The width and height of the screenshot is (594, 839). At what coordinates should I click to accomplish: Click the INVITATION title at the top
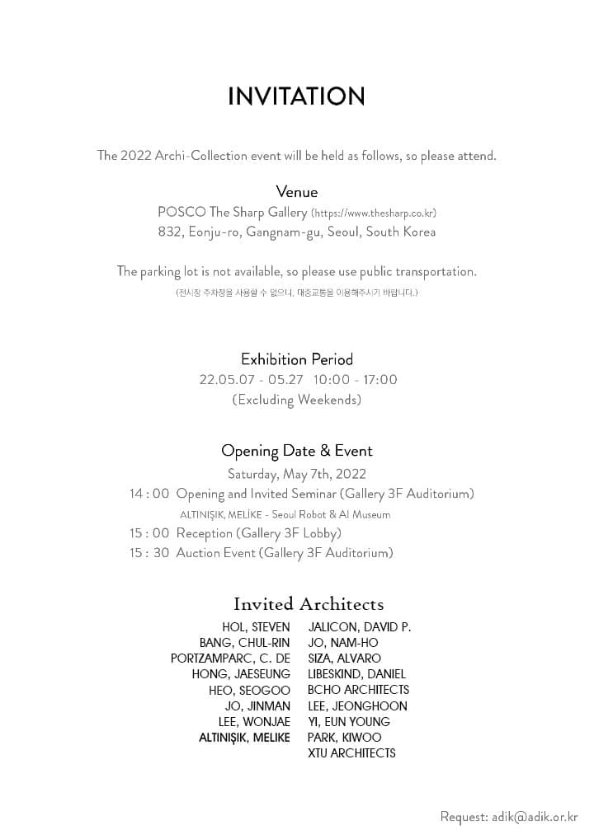coord(296,97)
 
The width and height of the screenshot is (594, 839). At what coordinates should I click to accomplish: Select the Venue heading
coord(296,192)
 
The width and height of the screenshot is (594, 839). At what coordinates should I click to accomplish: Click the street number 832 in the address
coord(170,232)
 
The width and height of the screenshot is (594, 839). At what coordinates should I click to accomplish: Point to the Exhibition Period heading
coord(296,359)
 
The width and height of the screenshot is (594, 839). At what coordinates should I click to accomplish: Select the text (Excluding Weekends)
coord(296,400)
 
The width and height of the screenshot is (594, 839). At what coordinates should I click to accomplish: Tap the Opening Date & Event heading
coord(296,451)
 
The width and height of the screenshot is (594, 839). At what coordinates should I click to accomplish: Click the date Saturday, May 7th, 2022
coord(296,474)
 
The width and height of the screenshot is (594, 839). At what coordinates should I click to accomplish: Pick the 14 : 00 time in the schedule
coord(149,494)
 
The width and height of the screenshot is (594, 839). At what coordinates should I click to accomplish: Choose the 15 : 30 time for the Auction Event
coord(149,553)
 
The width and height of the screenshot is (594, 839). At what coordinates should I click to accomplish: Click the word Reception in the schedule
coord(205,533)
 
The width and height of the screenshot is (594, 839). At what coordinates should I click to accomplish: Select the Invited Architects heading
coord(308,604)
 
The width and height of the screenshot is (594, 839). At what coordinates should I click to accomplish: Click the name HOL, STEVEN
coord(256,627)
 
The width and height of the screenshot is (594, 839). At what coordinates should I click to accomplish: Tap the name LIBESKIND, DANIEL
coord(356,674)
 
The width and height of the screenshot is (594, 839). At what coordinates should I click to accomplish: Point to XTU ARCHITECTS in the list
coord(351,753)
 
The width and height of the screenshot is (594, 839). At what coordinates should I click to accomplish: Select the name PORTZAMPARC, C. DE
coord(230,659)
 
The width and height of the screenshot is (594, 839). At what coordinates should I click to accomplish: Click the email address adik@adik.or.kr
coord(535,817)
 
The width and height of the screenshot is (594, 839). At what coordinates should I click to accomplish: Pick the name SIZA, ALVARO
coord(344,659)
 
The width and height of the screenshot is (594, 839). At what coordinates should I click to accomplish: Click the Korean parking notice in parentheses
coord(296,293)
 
